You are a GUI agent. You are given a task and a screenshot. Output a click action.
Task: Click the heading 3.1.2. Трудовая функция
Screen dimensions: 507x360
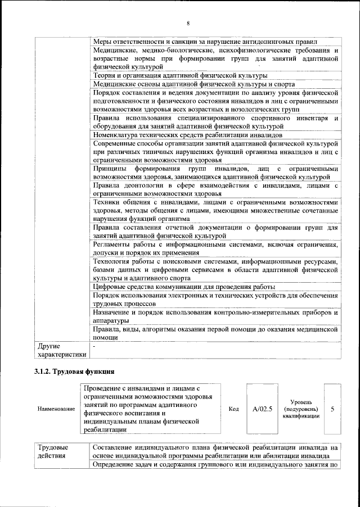pos(74,371)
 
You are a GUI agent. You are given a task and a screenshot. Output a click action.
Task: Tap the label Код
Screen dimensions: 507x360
pos(234,409)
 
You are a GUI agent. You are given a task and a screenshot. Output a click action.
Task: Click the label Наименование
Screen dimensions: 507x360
pos(56,409)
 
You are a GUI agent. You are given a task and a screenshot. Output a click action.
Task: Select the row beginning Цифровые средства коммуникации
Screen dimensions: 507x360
pos(184,287)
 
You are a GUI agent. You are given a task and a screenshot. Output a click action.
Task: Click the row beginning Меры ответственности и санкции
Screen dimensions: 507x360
pos(205,42)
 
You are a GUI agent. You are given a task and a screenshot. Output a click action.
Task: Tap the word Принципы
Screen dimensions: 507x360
pos(110,169)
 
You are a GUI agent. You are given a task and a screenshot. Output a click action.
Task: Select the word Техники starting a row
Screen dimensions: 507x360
pos(107,202)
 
